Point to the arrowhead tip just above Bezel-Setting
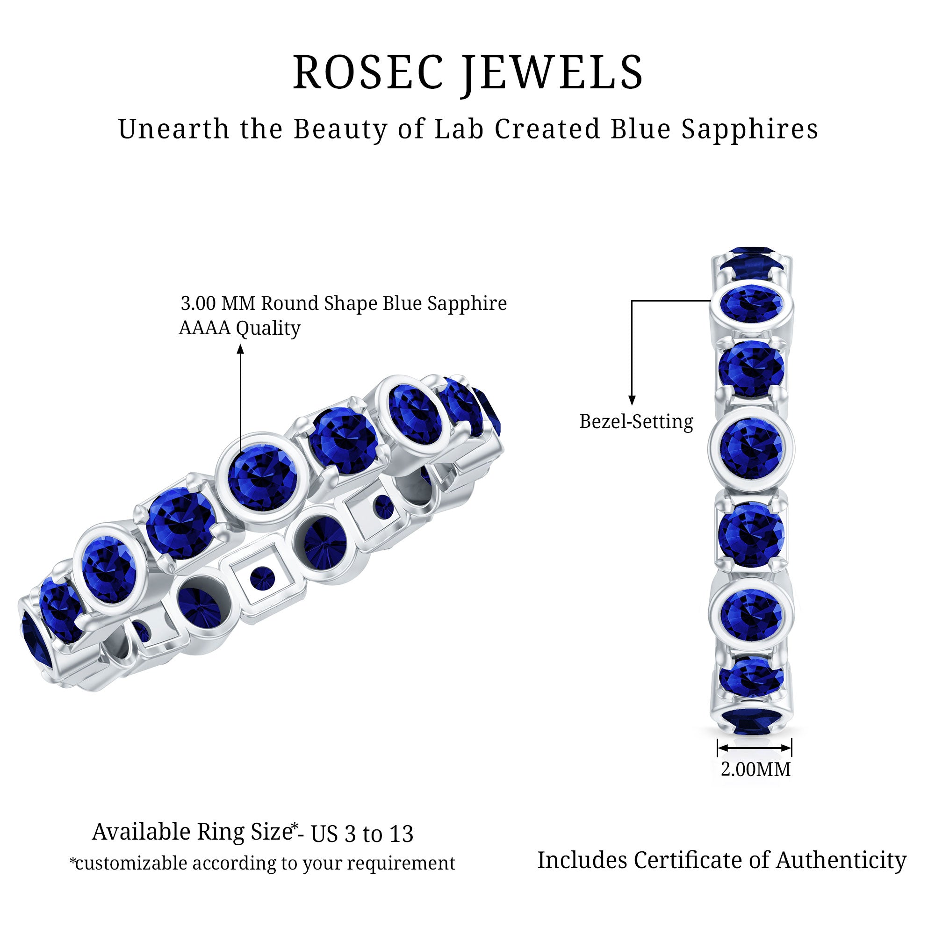pos(632,404)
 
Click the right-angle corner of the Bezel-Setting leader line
pos(632,301)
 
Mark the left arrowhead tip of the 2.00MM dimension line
pos(718,748)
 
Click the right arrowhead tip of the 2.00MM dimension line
pos(791,748)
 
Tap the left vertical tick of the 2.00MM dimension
pos(718,748)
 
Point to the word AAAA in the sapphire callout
pos(205,328)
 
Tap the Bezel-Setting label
pos(636,422)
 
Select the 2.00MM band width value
pos(755,769)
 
